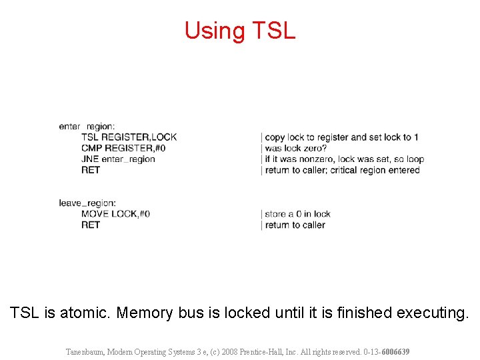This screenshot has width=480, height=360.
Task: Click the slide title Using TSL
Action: [239, 31]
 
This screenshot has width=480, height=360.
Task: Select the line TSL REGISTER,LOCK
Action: [129, 137]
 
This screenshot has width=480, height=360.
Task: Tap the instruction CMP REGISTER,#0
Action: [123, 148]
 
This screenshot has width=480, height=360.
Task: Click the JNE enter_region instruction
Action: [118, 159]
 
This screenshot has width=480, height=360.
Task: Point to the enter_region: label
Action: [87, 127]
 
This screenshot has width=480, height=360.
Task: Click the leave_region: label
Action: [87, 203]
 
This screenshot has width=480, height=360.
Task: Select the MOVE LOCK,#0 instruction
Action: [115, 214]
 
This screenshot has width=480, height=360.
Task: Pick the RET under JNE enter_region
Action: [91, 170]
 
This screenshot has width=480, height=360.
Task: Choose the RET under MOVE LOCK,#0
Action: [91, 225]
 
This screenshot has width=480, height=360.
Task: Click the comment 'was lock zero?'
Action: [296, 148]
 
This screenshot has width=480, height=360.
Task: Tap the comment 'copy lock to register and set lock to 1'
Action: [341, 137]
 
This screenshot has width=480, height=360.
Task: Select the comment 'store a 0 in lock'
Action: [297, 214]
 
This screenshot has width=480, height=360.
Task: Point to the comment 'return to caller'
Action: [295, 225]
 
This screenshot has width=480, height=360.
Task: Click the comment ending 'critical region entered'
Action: [342, 170]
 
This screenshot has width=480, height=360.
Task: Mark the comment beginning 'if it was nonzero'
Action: [344, 159]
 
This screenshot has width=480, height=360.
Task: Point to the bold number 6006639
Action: [395, 351]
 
